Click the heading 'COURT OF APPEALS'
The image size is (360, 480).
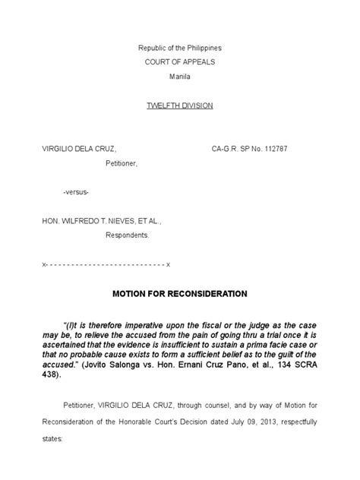179,62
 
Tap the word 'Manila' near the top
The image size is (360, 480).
179,77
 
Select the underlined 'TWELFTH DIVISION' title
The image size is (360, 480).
179,106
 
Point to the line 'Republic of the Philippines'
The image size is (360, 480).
179,48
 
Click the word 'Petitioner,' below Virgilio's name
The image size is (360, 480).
122,163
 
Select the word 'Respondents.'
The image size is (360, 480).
127,235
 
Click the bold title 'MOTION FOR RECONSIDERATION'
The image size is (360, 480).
179,292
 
